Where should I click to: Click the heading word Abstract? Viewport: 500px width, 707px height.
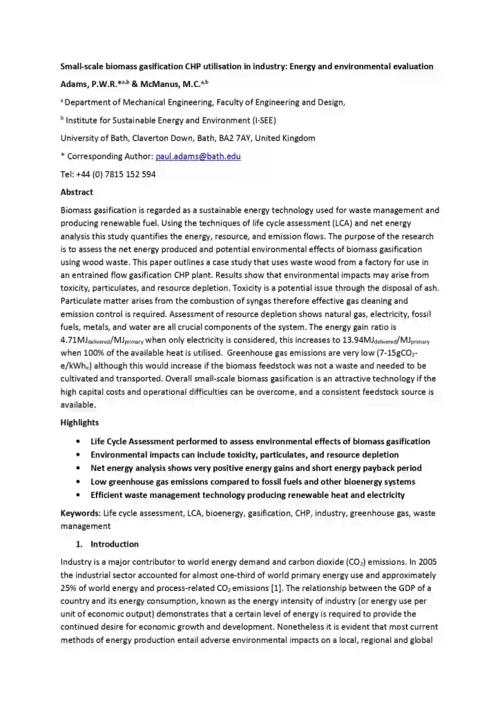click(x=77, y=192)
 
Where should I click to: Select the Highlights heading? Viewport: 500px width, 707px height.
click(x=79, y=423)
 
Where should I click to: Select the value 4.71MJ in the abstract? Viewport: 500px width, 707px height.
click(x=76, y=340)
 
